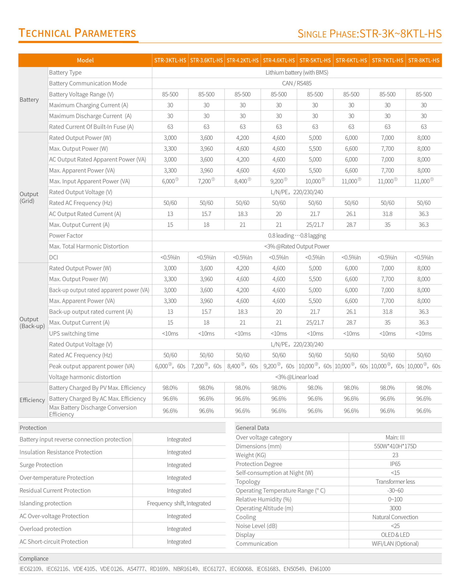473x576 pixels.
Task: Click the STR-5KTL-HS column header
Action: (315, 60)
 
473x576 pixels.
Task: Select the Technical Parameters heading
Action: (77, 33)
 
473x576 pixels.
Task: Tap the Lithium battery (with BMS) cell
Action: (297, 72)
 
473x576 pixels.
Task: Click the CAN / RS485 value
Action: (297, 83)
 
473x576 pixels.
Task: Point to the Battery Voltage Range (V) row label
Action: (81, 94)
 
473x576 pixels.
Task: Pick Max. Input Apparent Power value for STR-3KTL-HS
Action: (170, 181)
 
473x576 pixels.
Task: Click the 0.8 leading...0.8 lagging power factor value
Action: (297, 236)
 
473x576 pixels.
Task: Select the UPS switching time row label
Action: (74, 334)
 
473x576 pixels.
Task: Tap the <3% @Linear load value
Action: (297, 377)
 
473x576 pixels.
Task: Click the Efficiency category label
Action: (32, 400)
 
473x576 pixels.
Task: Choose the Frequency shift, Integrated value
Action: (179, 503)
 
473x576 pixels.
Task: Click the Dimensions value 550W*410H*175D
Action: (395, 446)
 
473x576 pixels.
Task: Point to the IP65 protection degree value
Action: (395, 464)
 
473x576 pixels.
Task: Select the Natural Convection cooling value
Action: (395, 517)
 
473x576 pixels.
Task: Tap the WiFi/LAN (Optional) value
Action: (395, 544)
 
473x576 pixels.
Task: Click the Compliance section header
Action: (34, 559)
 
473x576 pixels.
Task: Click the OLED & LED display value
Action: (395, 535)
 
